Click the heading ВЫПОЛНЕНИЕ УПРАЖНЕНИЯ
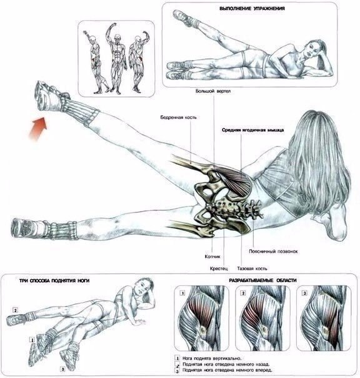pos(252,9)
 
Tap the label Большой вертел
pos(213,91)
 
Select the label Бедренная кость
pos(178,118)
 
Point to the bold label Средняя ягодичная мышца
pos(253,130)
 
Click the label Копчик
pos(212,257)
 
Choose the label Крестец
pos(219,268)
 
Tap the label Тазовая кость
pos(252,268)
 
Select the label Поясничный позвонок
pos(273,252)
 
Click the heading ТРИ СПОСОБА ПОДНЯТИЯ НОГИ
pos(54,280)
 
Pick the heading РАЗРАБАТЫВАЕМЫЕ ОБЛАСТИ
pos(262,280)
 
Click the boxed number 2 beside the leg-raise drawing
pos(16,310)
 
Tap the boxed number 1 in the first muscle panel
pos(182,293)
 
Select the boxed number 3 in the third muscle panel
pos(304,293)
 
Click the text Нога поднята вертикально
pos(212,358)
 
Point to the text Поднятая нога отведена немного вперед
pos(227,370)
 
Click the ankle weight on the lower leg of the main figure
pos(62,230)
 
